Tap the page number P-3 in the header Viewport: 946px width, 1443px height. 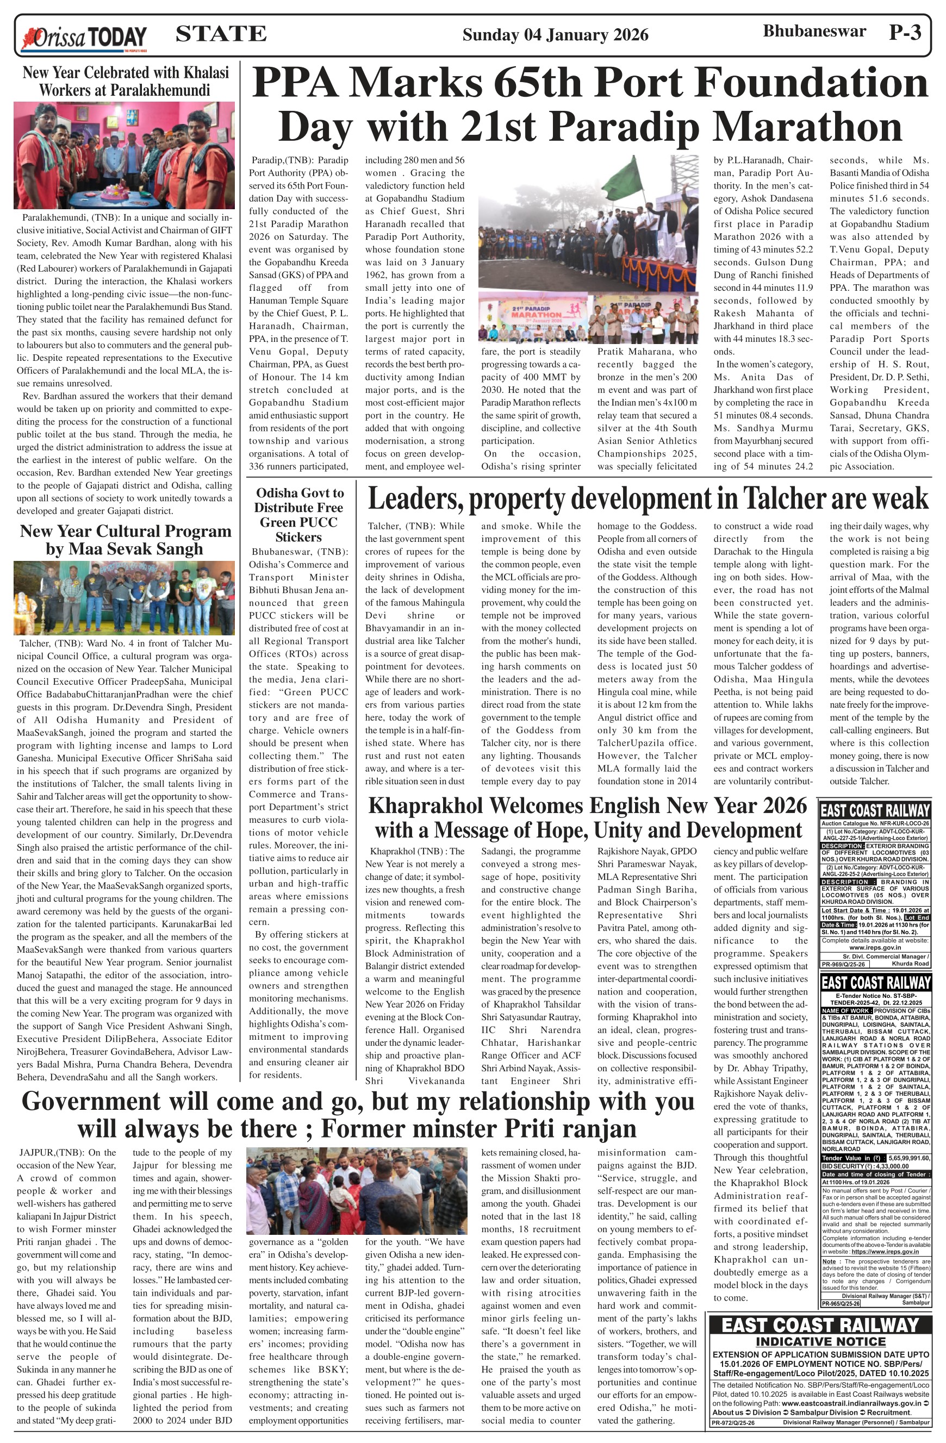click(x=905, y=32)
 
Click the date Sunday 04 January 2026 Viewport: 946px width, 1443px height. click(x=555, y=35)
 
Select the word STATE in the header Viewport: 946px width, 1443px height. click(x=221, y=34)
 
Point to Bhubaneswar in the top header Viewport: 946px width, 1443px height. click(x=814, y=32)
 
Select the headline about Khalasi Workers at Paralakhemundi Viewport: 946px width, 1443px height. click(x=126, y=81)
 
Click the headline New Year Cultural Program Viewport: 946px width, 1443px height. click(x=126, y=540)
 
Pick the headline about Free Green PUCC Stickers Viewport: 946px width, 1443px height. click(x=298, y=515)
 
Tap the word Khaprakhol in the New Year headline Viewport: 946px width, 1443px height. click(x=425, y=806)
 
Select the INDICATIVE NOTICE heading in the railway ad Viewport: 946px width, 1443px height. click(x=820, y=1341)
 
